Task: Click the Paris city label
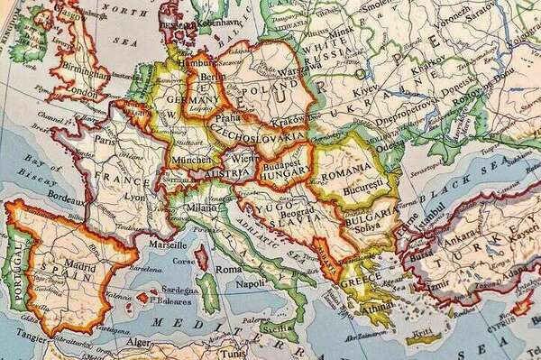point(106,141)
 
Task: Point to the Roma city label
point(229,269)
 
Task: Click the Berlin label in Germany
point(214,78)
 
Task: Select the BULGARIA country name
point(367,216)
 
